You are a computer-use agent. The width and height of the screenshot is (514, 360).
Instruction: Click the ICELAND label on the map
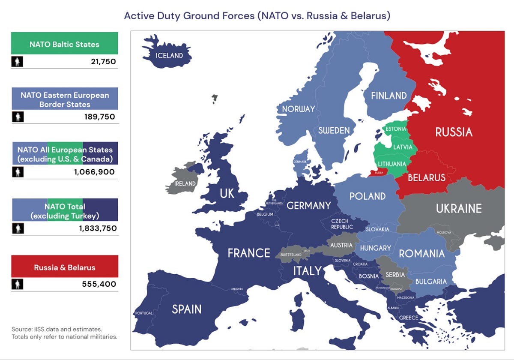169,55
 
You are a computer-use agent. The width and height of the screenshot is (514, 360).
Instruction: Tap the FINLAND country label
389,96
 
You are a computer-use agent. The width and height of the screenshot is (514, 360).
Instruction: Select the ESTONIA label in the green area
395,129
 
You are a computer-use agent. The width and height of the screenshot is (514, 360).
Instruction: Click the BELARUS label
426,177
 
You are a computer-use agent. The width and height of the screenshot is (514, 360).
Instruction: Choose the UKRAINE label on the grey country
459,209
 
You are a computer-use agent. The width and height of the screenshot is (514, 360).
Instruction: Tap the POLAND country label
368,196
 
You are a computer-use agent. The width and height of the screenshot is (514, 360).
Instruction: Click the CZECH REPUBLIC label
342,224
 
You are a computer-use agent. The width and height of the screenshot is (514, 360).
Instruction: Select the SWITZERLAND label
291,255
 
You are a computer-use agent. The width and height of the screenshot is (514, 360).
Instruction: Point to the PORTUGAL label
143,313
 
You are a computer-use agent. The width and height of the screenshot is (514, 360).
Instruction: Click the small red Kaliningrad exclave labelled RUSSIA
379,173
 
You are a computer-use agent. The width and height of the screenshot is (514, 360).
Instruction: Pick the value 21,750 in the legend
103,62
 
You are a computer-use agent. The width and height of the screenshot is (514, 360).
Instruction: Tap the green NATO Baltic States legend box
64,44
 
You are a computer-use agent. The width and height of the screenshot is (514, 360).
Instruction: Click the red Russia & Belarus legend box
64,267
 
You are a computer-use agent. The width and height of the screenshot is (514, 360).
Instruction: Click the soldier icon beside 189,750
18,117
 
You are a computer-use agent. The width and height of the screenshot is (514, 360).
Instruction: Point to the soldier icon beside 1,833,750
18,228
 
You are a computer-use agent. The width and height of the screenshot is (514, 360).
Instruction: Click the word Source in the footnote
21,329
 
